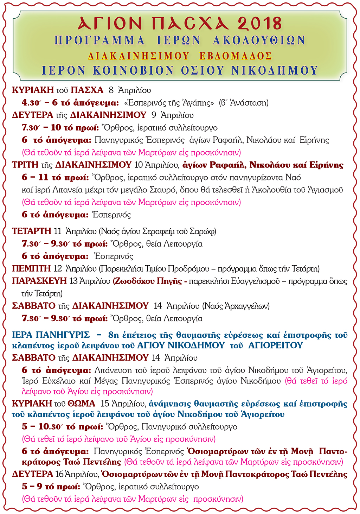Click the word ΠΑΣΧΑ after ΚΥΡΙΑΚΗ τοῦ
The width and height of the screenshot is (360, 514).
(87, 90)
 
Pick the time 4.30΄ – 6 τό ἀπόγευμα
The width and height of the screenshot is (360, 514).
(70, 103)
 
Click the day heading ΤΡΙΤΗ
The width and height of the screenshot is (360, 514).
(25, 165)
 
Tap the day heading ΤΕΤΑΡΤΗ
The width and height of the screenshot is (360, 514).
(32, 231)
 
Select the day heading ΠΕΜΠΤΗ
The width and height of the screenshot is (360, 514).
(31, 269)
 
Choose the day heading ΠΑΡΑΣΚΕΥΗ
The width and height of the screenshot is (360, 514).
(39, 281)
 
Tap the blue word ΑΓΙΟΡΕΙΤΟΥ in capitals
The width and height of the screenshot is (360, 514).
(275, 345)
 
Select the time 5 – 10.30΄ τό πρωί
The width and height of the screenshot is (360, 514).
(62, 427)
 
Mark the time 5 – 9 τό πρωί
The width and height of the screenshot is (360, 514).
(51, 487)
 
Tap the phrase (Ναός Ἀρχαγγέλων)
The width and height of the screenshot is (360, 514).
(236, 306)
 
